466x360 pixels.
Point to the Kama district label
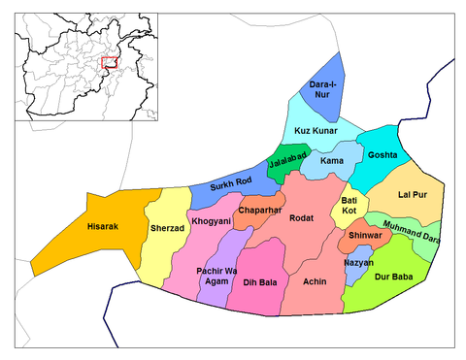coord(330,160)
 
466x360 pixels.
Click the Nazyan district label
coord(358,264)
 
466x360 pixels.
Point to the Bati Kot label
coord(349,206)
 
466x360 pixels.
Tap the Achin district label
coord(314,281)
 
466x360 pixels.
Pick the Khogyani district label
coord(211,221)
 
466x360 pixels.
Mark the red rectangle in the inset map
coord(109,62)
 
